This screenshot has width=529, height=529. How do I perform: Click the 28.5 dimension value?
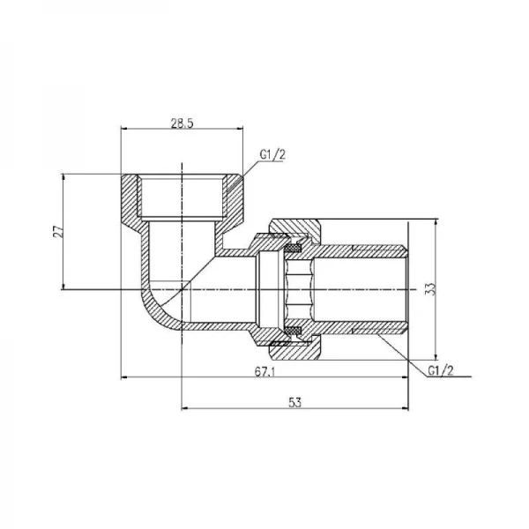tap(182, 123)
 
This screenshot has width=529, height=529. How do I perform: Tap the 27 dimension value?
tap(58, 231)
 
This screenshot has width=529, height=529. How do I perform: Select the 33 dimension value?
tap(430, 289)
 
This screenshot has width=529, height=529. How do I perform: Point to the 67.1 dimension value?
tap(265, 372)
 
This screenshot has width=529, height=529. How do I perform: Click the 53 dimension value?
tap(294, 402)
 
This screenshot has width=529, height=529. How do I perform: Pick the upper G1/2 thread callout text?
tap(272, 154)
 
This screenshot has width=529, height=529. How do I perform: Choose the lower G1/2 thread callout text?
tap(441, 370)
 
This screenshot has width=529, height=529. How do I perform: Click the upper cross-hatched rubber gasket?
tap(293, 249)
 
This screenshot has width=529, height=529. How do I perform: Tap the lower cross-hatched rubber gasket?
tap(293, 330)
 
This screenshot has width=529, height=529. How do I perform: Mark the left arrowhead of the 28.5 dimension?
tap(123, 129)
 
